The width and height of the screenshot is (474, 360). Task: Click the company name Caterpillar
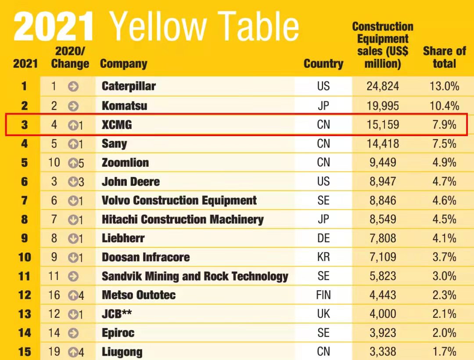click(x=129, y=86)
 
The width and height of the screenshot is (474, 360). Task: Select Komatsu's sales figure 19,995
click(x=383, y=105)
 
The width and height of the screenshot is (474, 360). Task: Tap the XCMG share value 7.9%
click(x=444, y=124)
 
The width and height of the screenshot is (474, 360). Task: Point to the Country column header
click(x=323, y=64)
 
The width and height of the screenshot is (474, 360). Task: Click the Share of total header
click(x=444, y=57)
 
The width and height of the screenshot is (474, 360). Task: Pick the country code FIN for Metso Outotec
click(x=323, y=295)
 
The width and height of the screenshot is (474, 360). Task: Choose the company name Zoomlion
click(x=125, y=162)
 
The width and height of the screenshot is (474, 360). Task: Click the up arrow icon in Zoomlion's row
click(x=73, y=163)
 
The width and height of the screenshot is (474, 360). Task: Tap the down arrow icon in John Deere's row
click(x=73, y=182)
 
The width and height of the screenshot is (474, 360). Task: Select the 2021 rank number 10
click(x=25, y=257)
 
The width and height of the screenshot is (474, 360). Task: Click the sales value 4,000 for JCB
click(x=383, y=314)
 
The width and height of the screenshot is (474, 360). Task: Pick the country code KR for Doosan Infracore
click(x=323, y=257)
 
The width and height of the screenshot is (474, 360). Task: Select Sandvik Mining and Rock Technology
click(x=195, y=276)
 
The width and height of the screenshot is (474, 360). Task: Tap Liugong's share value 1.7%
click(x=444, y=352)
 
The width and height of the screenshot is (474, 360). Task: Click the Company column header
click(x=123, y=64)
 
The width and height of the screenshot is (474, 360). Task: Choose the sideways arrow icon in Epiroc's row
click(x=73, y=333)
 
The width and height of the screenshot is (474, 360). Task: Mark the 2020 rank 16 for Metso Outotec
click(x=54, y=295)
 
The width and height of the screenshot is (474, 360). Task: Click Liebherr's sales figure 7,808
click(x=383, y=238)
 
